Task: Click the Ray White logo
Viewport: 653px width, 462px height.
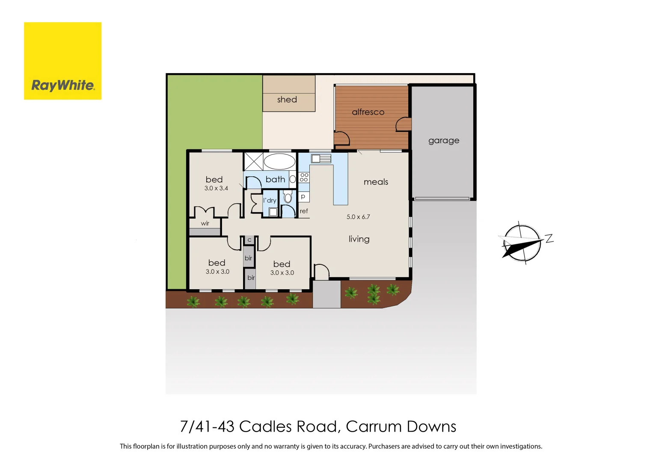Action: tap(62, 61)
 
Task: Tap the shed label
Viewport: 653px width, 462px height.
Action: tap(287, 100)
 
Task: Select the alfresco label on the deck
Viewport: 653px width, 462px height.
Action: tap(368, 112)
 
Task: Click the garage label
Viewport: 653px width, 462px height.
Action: tap(444, 140)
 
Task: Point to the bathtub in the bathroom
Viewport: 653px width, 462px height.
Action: tap(279, 162)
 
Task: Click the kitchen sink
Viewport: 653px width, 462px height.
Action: tap(321, 159)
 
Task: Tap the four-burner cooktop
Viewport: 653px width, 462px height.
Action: tap(304, 177)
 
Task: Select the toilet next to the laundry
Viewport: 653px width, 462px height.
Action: tap(288, 197)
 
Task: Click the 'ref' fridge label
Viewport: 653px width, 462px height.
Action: tap(304, 211)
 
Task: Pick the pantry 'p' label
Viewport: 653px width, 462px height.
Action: tap(303, 197)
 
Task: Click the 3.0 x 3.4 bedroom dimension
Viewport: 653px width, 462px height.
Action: tap(216, 188)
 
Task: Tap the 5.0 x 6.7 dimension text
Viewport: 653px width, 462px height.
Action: tap(358, 217)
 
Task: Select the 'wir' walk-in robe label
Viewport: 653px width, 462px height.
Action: tap(205, 223)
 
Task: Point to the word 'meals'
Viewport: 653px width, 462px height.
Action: tap(376, 182)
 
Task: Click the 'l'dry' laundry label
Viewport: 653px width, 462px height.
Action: tap(270, 200)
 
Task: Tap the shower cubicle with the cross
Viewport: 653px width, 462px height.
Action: tap(253, 162)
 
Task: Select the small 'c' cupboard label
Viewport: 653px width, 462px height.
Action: tap(249, 240)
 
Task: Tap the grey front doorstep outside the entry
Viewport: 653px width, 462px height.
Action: tap(326, 294)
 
